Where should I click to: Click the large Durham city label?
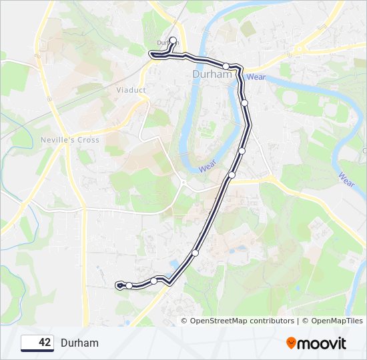pos(212,75)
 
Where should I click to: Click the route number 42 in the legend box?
pos(45,343)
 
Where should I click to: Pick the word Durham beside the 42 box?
pos(79,343)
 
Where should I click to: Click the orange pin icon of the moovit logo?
pos(291,343)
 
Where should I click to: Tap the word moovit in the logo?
pos(322,343)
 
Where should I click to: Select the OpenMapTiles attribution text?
pos(332,321)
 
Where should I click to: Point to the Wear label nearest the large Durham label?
pos(256,77)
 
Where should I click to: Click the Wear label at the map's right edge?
pos(346,179)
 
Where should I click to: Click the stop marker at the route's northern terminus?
pos(173,41)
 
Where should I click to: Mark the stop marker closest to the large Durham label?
pos(227,66)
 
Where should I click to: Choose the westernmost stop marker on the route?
pos(129,285)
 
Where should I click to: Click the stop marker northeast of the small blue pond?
pos(196,253)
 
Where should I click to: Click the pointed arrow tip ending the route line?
pos(117,285)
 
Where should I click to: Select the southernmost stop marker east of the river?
pos(232,175)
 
